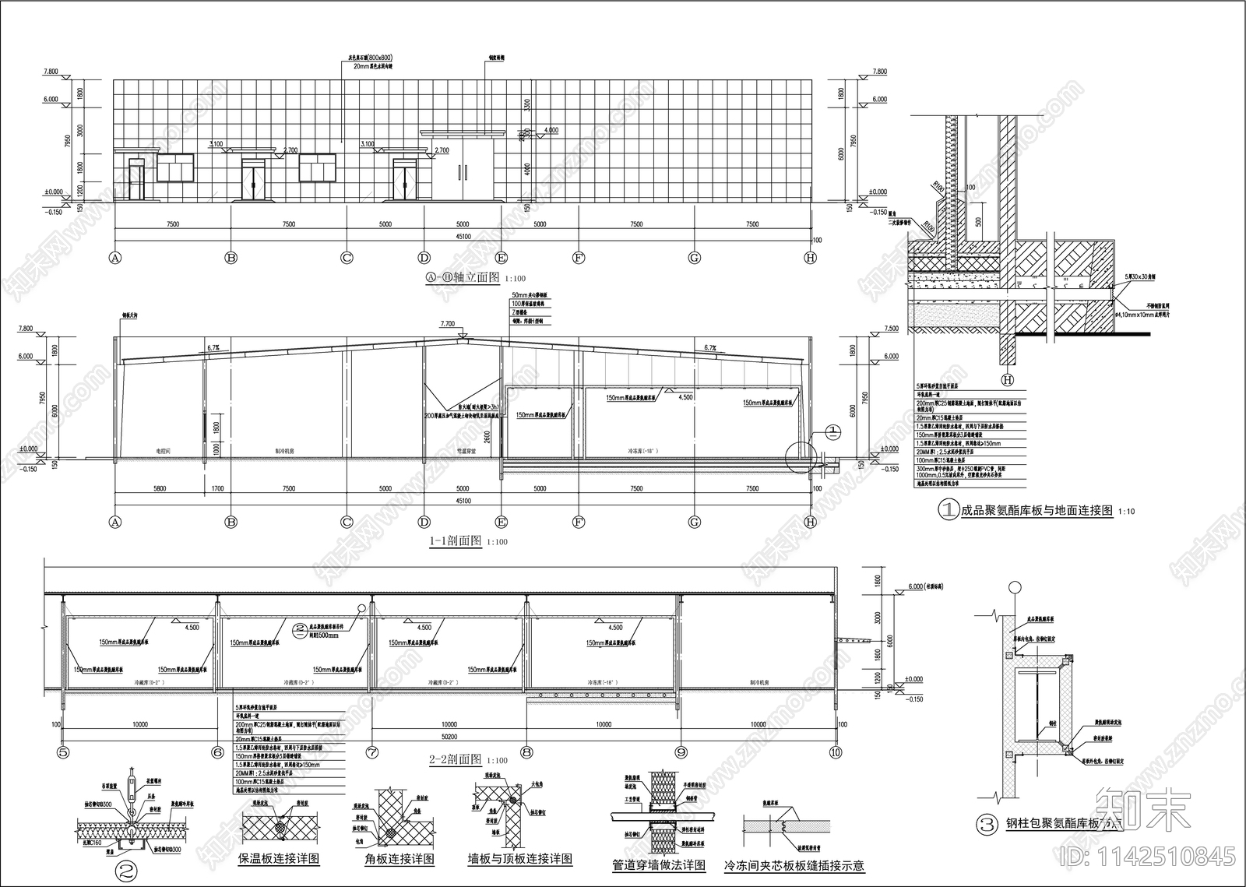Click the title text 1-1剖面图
455,541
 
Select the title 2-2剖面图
455,759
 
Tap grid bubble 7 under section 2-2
372,753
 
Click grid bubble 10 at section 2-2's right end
836,753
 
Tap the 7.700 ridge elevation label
447,323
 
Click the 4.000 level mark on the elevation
551,130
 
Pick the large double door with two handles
464,172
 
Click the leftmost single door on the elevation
136,179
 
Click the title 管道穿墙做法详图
659,864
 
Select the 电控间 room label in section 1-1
162,451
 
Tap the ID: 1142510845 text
1148,857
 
